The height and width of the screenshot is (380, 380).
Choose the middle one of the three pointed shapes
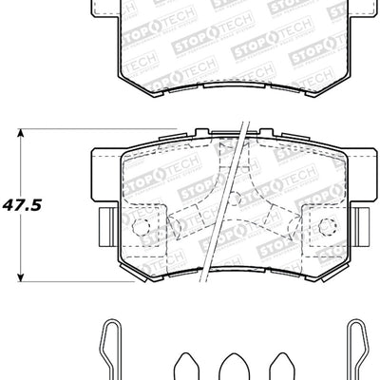(x=232, y=366)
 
